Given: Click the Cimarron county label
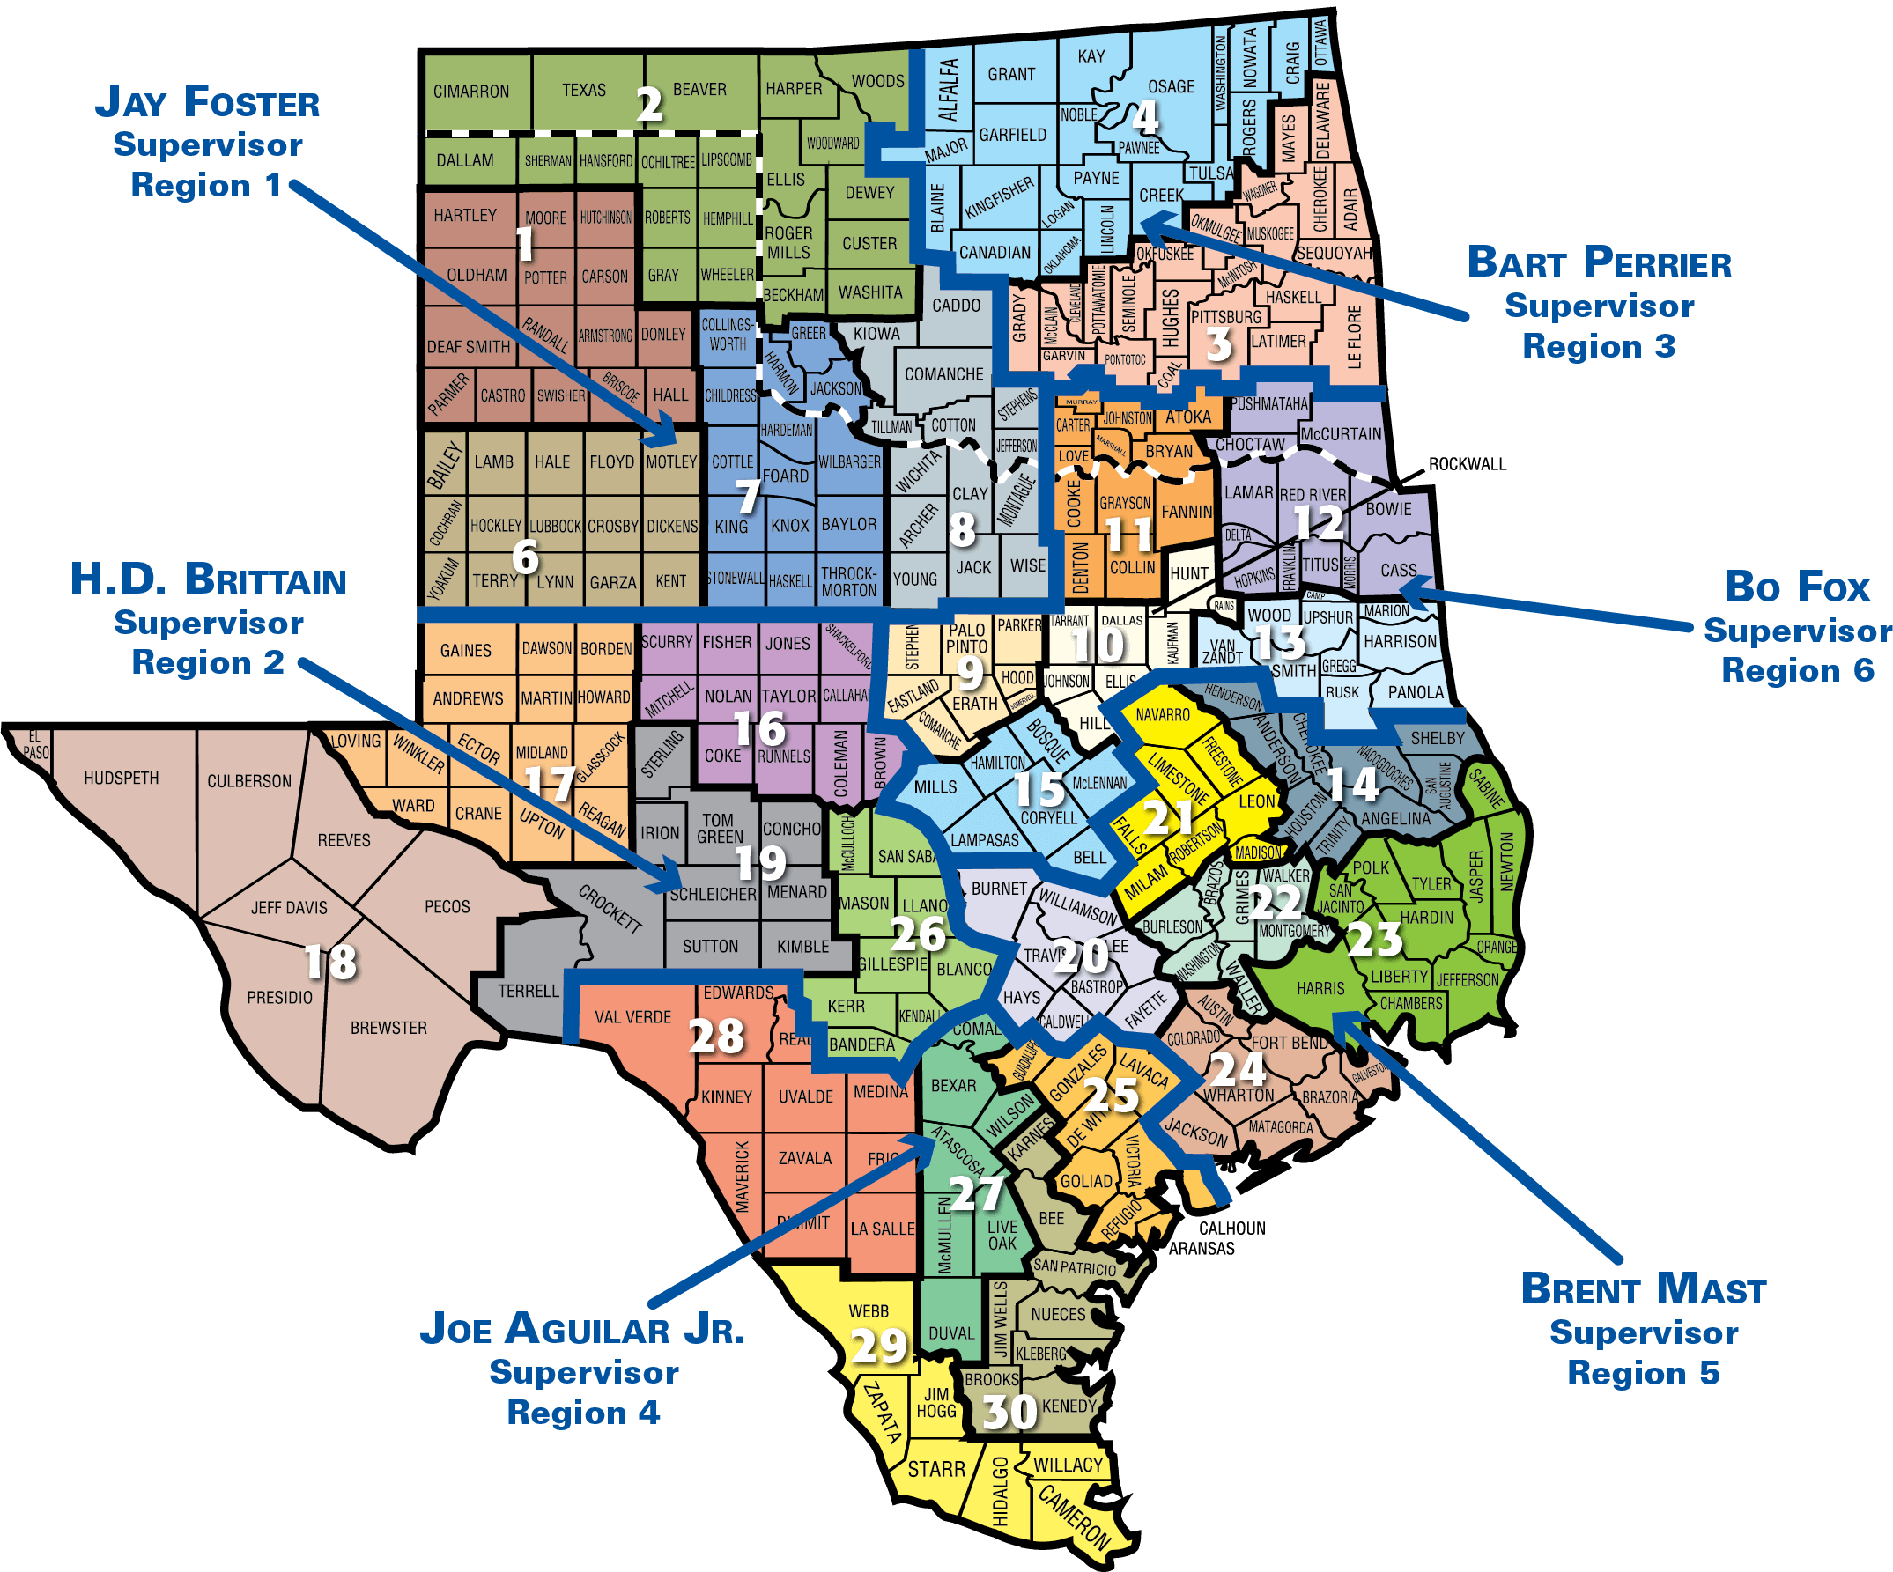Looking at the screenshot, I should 470,92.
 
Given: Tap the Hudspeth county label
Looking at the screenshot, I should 121,778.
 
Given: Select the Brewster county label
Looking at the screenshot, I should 388,1028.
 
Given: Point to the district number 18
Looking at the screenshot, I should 331,962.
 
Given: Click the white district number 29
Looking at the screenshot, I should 878,1347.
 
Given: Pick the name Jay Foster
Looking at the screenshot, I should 207,102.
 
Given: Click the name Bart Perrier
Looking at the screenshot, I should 1599,263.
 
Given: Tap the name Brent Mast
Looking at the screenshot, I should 1644,1289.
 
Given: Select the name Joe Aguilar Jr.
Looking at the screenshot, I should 582,1330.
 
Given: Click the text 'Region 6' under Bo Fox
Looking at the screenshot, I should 1798,670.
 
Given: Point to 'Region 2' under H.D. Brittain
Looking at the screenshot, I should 208,663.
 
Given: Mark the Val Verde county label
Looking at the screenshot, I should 632,1018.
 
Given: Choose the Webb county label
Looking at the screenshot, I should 868,1311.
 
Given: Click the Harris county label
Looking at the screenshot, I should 1320,989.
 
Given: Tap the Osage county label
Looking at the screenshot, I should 1170,86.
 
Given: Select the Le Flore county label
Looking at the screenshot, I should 1354,337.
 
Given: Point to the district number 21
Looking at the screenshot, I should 1168,817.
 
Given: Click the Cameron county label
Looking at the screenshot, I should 1074,1519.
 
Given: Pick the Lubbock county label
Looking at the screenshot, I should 555,527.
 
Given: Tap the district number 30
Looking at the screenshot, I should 1009,1413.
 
